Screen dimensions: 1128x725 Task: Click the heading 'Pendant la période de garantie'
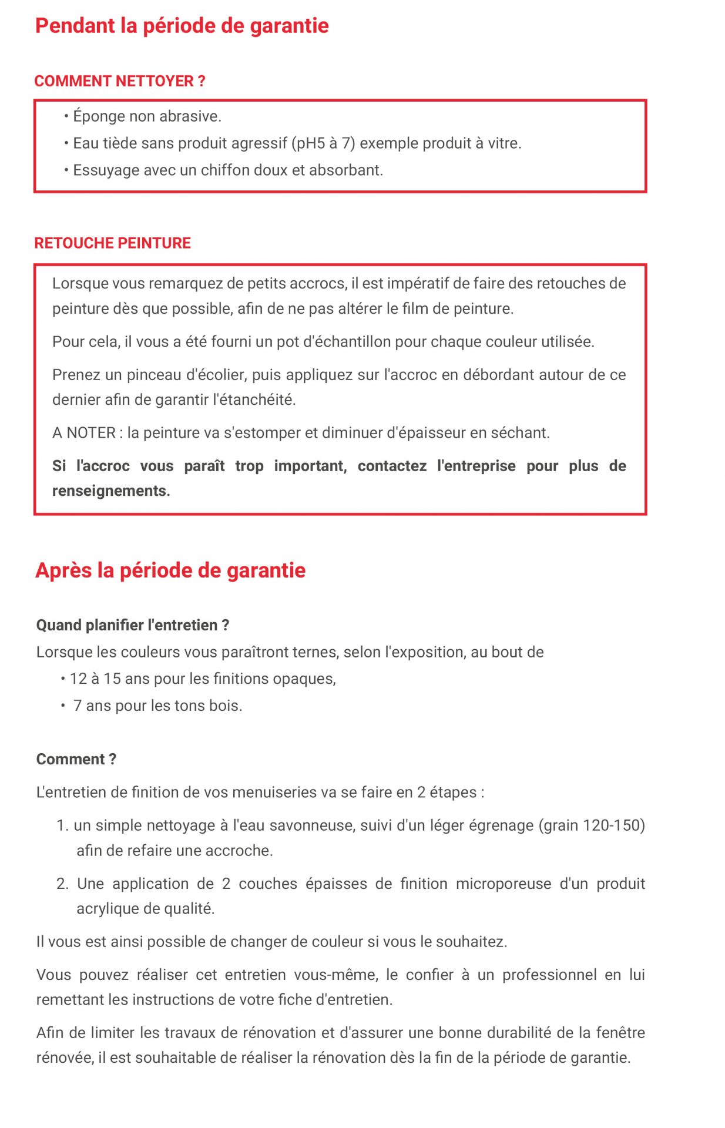click(182, 26)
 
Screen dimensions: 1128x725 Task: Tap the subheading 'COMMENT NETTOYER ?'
click(120, 81)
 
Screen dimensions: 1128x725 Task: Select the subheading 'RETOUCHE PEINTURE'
click(112, 243)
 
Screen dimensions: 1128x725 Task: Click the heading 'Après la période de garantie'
click(170, 570)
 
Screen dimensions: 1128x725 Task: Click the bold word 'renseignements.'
click(111, 491)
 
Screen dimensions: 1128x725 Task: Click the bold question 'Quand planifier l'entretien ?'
click(133, 625)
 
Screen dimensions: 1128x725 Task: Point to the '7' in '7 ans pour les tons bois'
click(77, 706)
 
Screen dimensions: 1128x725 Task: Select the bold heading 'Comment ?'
click(76, 759)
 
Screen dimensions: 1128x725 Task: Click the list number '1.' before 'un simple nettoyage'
click(63, 825)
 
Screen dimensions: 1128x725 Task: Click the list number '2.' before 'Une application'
click(63, 884)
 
